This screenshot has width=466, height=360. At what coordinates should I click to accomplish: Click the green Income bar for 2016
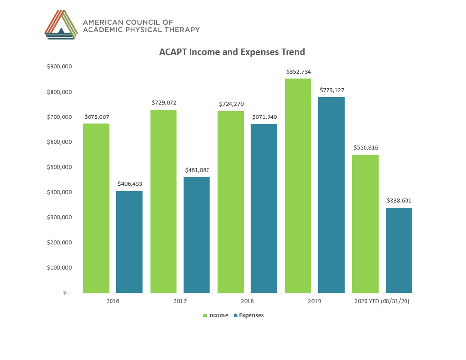(96, 208)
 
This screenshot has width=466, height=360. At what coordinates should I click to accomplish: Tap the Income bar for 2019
(298, 185)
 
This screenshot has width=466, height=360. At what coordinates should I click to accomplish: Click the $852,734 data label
(298, 71)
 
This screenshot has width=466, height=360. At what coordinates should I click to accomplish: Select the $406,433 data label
(130, 184)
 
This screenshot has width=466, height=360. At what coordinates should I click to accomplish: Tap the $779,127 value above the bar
(331, 90)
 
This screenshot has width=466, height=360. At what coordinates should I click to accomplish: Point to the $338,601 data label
(399, 200)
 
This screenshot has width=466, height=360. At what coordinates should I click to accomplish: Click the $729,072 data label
(164, 102)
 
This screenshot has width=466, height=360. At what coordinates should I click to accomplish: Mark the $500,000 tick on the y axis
(59, 167)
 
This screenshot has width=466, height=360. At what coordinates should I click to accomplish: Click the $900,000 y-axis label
(59, 67)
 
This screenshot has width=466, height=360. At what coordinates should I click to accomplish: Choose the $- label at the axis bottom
(66, 292)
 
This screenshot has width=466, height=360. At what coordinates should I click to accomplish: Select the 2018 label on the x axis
(247, 301)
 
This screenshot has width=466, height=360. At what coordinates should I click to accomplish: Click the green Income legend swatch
(205, 315)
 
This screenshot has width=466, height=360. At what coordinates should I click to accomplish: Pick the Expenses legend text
(251, 315)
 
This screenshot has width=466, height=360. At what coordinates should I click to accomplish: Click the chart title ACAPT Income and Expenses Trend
(232, 52)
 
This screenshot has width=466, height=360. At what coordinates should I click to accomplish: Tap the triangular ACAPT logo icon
(61, 25)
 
